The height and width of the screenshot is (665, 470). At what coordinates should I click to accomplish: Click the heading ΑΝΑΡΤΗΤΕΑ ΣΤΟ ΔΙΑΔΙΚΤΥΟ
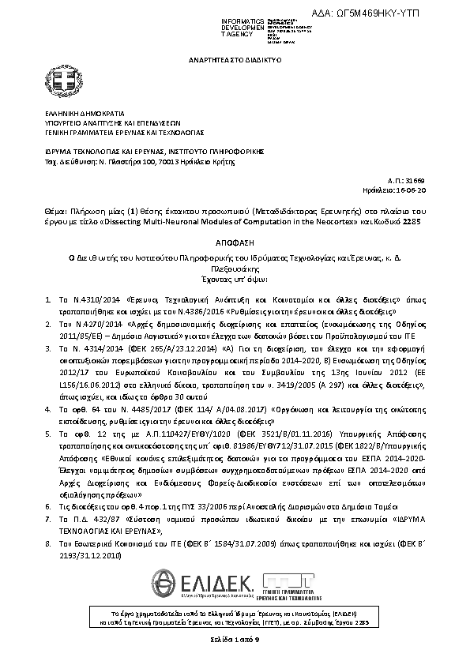(235, 59)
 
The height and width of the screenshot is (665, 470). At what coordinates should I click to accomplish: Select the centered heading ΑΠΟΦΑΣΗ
(235, 245)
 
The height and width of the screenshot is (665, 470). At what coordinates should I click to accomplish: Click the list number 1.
(48, 301)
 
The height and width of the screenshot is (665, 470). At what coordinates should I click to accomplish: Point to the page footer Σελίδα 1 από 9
(235, 637)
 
